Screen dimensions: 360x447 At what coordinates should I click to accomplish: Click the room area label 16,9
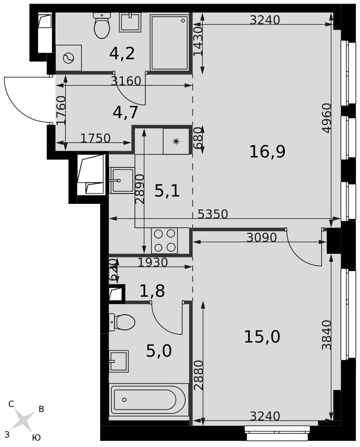pyautogui.click(x=267, y=152)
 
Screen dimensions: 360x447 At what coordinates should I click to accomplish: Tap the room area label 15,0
pyautogui.click(x=262, y=337)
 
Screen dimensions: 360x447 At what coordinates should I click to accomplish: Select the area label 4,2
pyautogui.click(x=122, y=53)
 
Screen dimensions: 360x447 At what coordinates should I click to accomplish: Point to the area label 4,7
pyautogui.click(x=126, y=112)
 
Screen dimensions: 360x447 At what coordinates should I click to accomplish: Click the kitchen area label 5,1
pyautogui.click(x=167, y=191)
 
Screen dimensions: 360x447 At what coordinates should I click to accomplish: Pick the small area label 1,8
pyautogui.click(x=152, y=291)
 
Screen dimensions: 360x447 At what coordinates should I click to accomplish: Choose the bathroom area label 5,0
pyautogui.click(x=159, y=351)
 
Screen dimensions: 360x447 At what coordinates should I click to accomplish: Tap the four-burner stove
pyautogui.click(x=165, y=240)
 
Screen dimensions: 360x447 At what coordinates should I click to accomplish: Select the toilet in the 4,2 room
pyautogui.click(x=102, y=25)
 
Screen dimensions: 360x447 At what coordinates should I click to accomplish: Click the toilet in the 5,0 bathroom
pyautogui.click(x=122, y=322)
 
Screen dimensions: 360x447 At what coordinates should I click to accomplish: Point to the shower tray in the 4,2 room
pyautogui.click(x=169, y=42)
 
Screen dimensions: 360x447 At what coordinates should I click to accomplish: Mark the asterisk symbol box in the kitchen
pyautogui.click(x=176, y=141)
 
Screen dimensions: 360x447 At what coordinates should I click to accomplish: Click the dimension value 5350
pyautogui.click(x=213, y=214)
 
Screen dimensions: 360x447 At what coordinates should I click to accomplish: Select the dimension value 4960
pyautogui.click(x=326, y=118)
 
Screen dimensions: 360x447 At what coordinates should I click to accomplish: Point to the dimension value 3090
pyautogui.click(x=262, y=237)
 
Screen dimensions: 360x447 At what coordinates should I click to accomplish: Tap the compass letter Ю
pyautogui.click(x=37, y=438)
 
